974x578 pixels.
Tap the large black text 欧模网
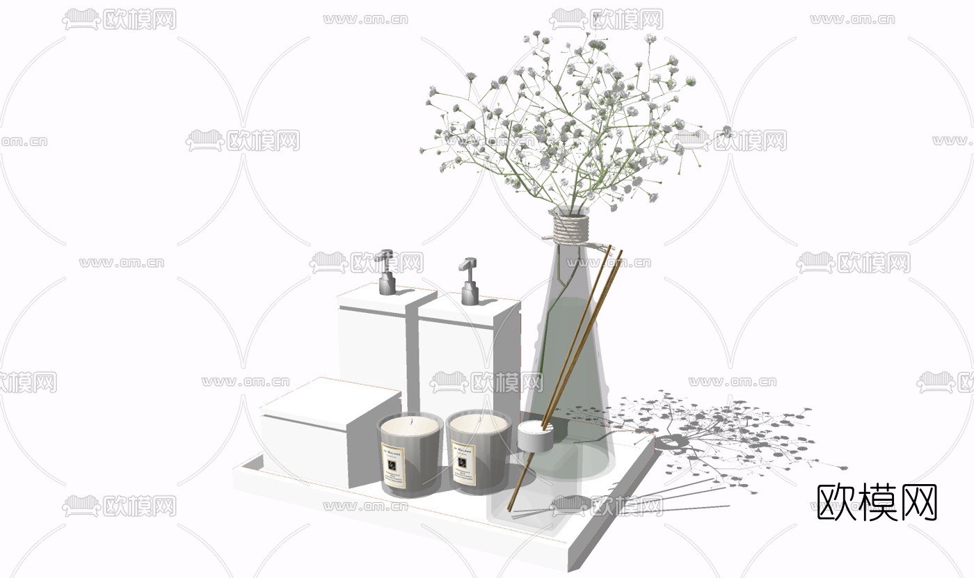pyautogui.click(x=877, y=502)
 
